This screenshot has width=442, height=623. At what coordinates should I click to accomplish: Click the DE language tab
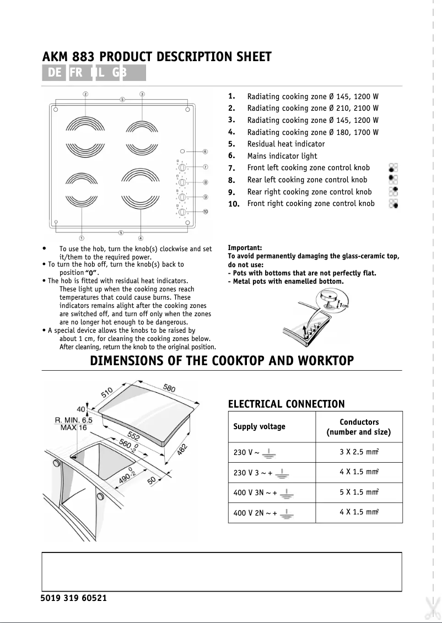tap(55, 73)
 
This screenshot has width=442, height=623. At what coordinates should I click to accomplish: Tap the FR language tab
tap(77, 73)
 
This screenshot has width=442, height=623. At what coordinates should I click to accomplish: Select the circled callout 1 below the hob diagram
tap(82, 238)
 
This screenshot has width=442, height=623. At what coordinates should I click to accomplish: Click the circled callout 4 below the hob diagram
tap(141, 238)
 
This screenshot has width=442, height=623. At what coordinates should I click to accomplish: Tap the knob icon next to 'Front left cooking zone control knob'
tap(393, 168)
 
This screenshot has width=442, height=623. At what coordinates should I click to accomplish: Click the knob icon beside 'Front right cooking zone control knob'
tap(393, 204)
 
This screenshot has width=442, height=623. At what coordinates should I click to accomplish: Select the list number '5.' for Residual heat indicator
tap(232, 144)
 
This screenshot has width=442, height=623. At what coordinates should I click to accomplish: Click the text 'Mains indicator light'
tap(282, 156)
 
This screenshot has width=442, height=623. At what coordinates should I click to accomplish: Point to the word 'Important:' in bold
tap(245, 248)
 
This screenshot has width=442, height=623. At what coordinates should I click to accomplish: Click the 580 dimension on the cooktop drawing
tap(169, 389)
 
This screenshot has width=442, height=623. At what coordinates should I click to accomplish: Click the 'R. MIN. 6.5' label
tap(74, 420)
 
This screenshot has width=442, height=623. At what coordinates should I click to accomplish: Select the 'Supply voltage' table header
tap(259, 427)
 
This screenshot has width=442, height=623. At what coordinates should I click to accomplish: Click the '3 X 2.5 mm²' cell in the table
tap(359, 452)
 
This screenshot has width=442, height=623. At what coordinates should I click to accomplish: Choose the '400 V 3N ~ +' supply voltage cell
tap(255, 493)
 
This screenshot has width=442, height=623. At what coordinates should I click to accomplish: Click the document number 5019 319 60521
tap(74, 598)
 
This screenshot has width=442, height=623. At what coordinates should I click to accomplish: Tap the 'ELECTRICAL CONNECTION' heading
tap(286, 404)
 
